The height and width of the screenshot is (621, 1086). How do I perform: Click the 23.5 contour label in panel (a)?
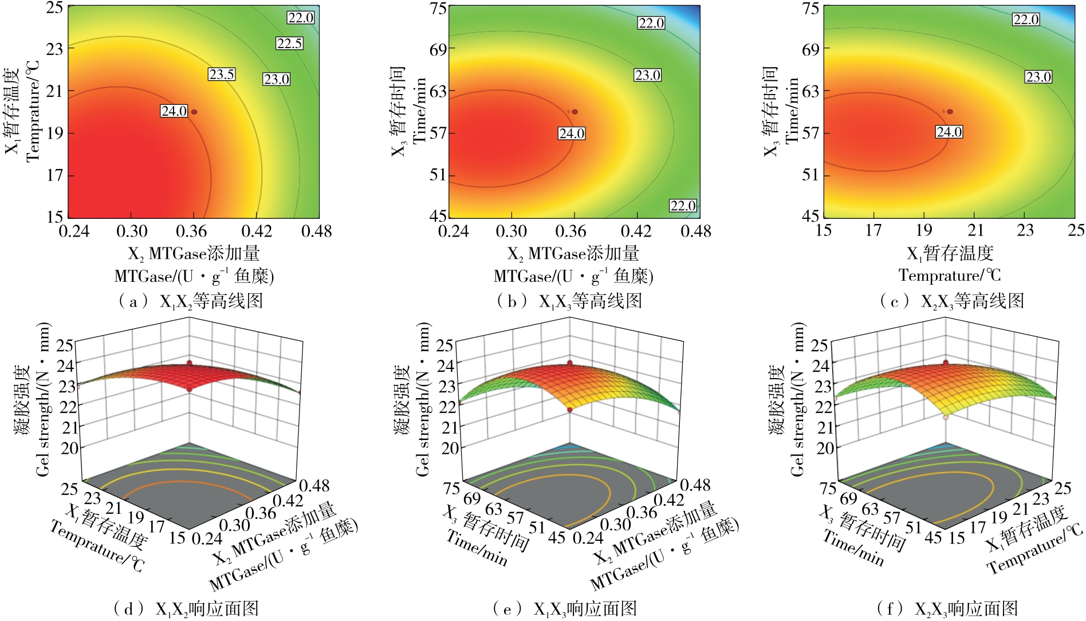coord(222,74)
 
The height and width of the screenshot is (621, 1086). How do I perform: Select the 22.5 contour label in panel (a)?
coord(289,44)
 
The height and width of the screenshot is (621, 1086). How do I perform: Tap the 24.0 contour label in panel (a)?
coord(174,111)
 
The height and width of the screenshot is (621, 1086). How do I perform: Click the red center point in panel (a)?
coord(194,112)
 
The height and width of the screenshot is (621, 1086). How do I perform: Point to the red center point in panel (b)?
coord(575,112)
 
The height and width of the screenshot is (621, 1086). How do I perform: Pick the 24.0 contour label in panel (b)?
coord(572,133)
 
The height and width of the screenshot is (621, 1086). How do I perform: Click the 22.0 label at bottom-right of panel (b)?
coord(683,206)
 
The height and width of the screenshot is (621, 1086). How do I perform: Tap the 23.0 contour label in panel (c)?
coord(1038,77)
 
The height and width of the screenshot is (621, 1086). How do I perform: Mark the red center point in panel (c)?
coord(950,112)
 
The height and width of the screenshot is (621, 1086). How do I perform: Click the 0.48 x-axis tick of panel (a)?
coord(316,231)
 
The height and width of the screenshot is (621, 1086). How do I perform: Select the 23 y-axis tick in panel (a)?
coord(55,49)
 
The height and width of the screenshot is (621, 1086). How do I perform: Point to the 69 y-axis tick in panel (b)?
coord(438,50)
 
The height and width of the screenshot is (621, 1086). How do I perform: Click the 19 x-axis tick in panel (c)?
coord(924,230)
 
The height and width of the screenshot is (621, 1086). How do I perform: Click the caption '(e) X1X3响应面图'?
coord(565,609)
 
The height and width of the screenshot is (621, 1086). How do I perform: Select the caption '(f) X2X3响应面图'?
coord(947,609)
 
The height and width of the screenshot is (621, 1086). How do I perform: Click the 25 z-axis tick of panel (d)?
coord(65,345)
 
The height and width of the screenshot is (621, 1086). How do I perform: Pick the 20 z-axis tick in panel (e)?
coord(450,448)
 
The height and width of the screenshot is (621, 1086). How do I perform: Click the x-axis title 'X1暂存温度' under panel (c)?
coord(950,253)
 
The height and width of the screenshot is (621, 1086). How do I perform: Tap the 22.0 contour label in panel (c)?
coord(1025,19)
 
